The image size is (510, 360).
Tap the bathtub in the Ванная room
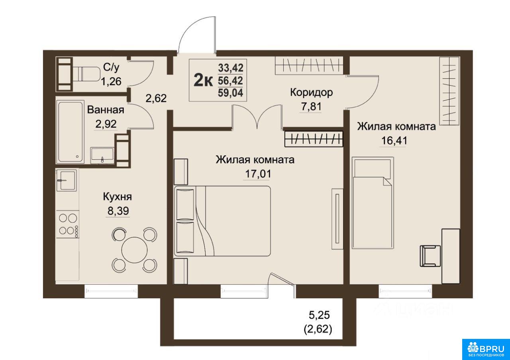[71, 132]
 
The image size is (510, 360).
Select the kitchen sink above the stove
[67, 180]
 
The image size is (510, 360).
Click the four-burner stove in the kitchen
[68, 224]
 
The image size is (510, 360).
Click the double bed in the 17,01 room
[223, 221]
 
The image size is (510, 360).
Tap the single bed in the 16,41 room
[373, 203]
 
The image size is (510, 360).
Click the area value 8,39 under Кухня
[118, 211]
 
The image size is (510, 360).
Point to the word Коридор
[312, 92]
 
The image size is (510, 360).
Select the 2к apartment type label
[203, 81]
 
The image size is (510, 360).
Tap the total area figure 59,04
[230, 93]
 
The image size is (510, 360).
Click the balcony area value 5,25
[319, 315]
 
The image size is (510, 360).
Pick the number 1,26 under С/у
[111, 82]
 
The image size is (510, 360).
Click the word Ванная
[106, 110]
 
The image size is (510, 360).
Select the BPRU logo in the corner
[486, 348]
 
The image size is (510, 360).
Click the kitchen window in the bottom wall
[111, 292]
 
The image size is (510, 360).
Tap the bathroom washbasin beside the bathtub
[102, 155]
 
